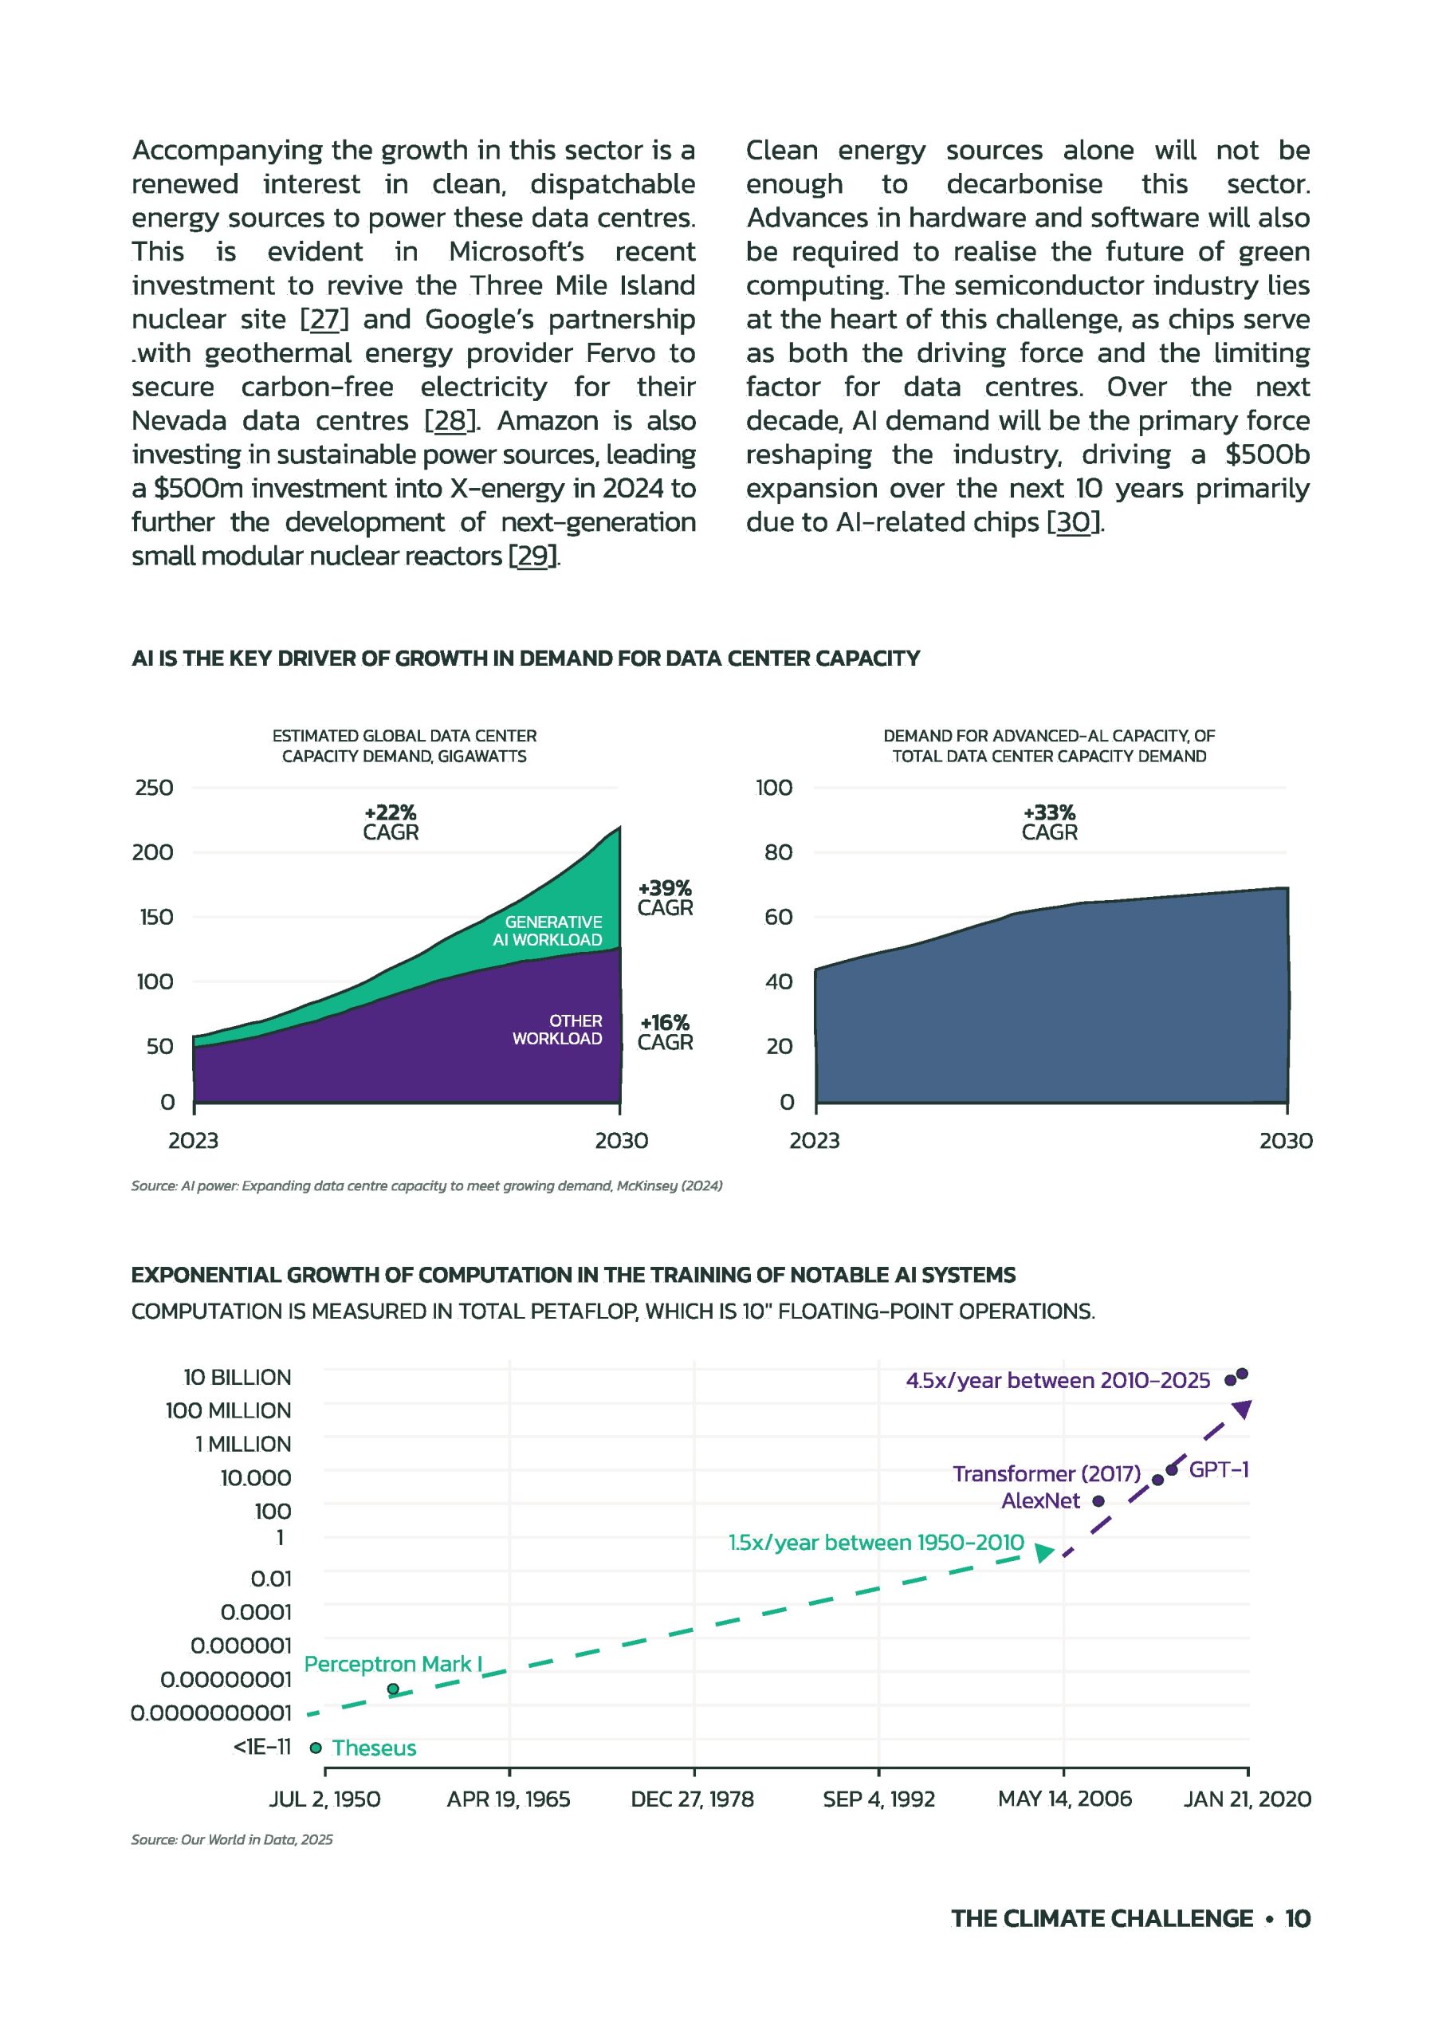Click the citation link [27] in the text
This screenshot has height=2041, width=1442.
pos(324,319)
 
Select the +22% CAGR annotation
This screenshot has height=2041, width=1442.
pos(391,822)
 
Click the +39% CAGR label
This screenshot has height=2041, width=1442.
pos(665,898)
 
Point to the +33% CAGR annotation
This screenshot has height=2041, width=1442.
pos(1049,822)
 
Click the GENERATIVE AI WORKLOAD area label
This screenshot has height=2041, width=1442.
pos(548,930)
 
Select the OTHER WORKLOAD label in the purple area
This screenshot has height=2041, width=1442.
pos(557,1029)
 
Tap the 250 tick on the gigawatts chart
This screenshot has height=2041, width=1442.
pos(154,788)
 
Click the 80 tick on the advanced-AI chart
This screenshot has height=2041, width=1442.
pos(778,852)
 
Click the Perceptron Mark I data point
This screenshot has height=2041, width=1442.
pos(393,1689)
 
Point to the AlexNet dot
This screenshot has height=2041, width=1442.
pos(1098,1500)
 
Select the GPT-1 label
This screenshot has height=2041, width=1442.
pos(1219,1469)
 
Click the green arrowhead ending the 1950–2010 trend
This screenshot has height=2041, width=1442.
pos(1044,1552)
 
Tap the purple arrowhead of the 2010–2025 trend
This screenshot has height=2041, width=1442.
pos(1243,1408)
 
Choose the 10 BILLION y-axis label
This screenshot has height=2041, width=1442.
pos(238,1377)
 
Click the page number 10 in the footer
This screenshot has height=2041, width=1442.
pos(1297,1918)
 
